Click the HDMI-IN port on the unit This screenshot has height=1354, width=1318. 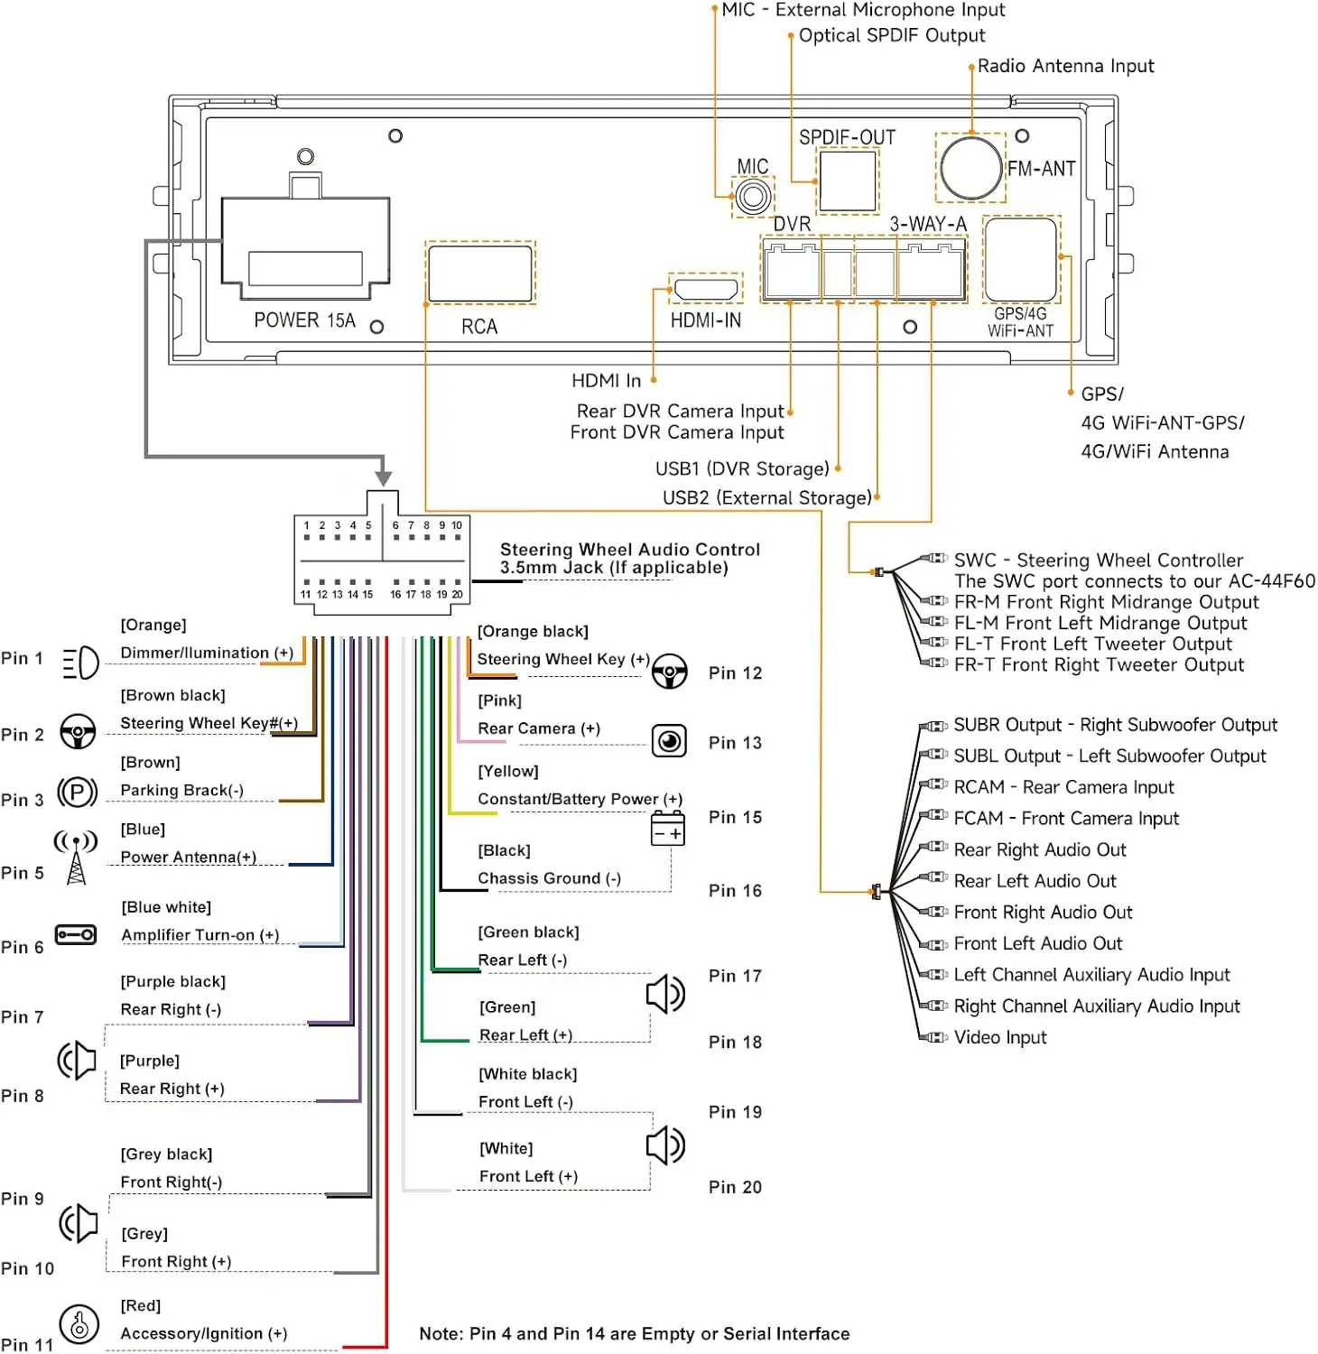pos(706,289)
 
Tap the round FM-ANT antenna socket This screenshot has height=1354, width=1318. pos(971,167)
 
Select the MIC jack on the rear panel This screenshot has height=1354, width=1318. pos(753,196)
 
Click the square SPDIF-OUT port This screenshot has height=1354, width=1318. pos(848,181)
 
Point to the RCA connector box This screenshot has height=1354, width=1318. pos(480,274)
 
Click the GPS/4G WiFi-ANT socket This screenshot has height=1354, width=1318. pos(1021,259)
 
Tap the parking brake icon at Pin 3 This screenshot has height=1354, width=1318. pos(78,793)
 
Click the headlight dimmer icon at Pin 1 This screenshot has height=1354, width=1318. pos(80,663)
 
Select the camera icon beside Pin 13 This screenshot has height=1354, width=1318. pos(669,741)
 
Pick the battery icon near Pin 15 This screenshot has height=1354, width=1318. pos(668,828)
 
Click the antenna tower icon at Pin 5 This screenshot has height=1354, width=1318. pos(76,858)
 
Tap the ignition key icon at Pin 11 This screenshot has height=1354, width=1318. pos(79,1325)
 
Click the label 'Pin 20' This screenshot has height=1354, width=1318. pos(735,1187)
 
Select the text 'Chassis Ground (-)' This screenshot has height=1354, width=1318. pos(550,878)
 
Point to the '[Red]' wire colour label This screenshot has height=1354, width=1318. pos(141,1305)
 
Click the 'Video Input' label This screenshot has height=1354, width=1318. pos(1000,1037)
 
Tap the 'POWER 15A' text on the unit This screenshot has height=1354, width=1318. pos(305,320)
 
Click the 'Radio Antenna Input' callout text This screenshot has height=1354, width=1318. pos(1065,66)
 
